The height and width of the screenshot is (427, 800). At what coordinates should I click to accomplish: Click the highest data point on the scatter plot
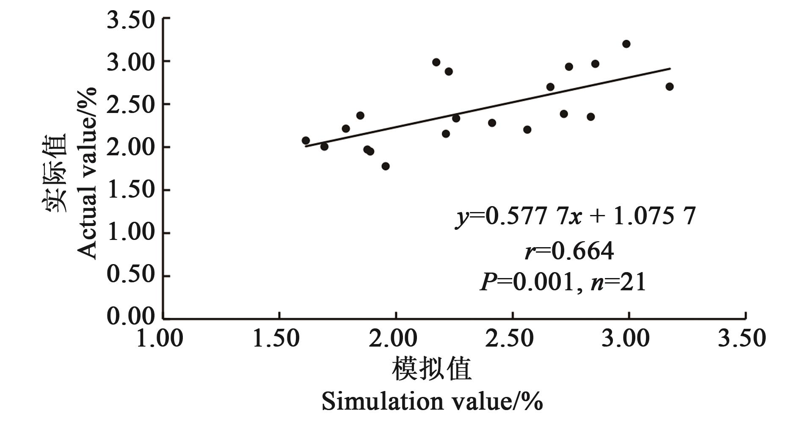(626, 44)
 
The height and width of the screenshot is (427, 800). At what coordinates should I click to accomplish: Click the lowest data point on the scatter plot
(386, 166)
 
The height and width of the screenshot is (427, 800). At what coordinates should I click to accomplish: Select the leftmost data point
(306, 140)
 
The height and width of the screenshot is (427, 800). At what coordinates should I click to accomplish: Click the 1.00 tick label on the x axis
(160, 339)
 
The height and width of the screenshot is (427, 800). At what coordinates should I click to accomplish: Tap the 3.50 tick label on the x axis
(742, 339)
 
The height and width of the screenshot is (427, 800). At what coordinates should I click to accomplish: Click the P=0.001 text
(527, 281)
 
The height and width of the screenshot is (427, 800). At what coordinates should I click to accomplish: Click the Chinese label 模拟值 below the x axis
(432, 369)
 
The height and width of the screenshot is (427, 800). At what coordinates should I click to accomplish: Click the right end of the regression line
(670, 68)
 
